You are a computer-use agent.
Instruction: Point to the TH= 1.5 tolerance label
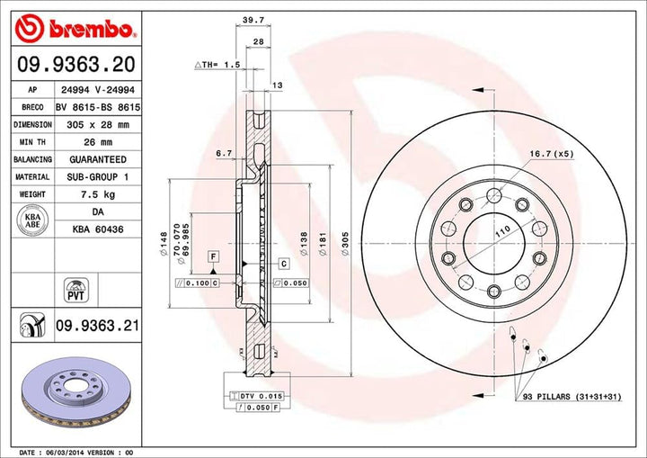(x=219, y=65)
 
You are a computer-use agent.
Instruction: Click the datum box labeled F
(x=213, y=257)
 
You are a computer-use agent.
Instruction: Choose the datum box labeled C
(x=282, y=264)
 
